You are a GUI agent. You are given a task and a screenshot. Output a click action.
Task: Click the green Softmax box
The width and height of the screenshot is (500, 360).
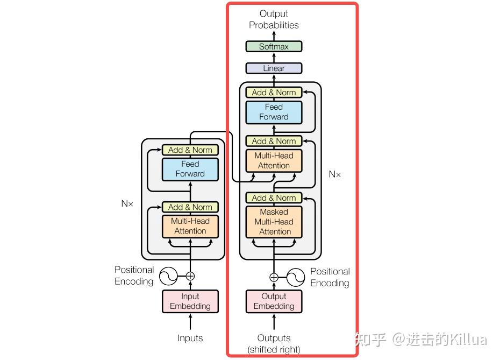[274, 46]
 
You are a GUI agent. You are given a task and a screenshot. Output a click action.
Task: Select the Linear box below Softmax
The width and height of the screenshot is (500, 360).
[274, 68]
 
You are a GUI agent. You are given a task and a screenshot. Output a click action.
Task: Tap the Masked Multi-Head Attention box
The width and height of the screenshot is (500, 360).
[274, 222]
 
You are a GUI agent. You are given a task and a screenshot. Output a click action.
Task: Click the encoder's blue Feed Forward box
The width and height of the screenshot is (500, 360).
[190, 169]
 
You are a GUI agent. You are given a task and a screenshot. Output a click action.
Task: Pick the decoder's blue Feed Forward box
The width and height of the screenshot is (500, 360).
[274, 112]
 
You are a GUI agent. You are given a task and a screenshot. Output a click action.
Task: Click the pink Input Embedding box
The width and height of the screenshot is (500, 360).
[190, 301]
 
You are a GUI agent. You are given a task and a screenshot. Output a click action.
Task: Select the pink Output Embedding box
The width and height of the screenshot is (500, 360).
[274, 301]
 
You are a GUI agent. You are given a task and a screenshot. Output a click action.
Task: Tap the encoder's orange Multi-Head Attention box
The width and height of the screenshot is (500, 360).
[190, 226]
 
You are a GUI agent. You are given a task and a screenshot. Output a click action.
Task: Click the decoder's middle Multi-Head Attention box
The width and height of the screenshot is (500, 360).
[274, 161]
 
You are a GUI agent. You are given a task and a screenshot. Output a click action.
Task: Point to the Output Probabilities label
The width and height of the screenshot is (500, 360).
[274, 19]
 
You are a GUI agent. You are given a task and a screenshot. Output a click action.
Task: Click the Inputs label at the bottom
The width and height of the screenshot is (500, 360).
[190, 338]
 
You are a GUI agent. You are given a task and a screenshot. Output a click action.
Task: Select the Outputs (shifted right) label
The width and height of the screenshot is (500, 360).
[274, 343]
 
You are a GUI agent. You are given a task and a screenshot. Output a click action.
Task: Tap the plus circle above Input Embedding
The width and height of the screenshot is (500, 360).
[190, 276]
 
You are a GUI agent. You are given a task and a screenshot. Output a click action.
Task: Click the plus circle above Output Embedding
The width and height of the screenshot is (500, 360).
[274, 278]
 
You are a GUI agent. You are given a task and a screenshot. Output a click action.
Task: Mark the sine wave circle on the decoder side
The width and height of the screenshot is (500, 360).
[296, 278]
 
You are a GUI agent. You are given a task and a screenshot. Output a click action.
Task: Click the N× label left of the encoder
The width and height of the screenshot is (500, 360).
[127, 204]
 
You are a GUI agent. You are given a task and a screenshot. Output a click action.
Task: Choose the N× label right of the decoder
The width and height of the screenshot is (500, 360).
[334, 174]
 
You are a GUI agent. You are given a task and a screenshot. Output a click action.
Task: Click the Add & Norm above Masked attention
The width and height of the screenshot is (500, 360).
[274, 198]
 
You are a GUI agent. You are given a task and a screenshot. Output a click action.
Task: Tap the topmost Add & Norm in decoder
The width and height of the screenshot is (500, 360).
[274, 93]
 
